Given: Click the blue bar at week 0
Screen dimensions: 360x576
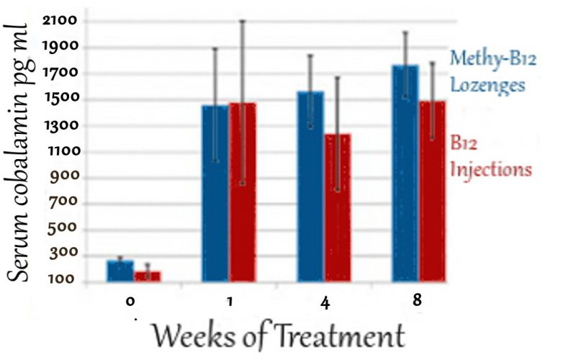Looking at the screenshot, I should pyautogui.click(x=120, y=271).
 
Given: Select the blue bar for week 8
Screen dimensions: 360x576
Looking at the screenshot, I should pyautogui.click(x=405, y=173).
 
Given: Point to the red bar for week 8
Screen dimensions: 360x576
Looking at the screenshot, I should pyautogui.click(x=433, y=191).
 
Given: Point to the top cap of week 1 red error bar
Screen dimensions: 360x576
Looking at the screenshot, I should pyautogui.click(x=243, y=20).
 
